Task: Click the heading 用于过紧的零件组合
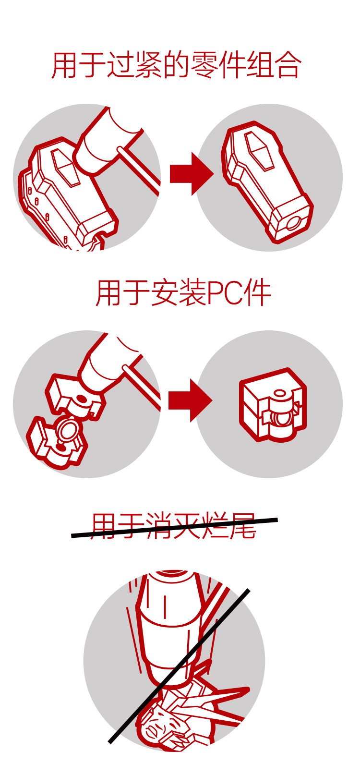pos(176,65)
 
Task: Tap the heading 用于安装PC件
pos(183,293)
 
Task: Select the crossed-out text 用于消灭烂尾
pos(174,526)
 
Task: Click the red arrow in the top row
pos(192,174)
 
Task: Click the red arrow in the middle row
pos(190,400)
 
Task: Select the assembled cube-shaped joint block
pos(273,405)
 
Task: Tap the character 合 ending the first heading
pos(288,65)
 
